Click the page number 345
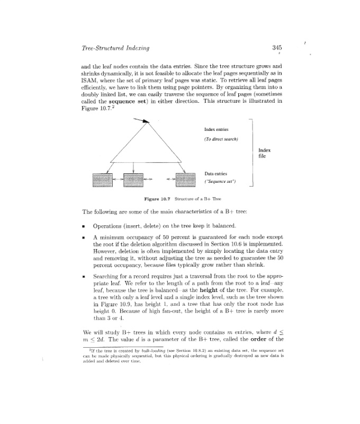pyautogui.click(x=276, y=48)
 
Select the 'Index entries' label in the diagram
pyautogui.click(x=216, y=128)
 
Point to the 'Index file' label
pyautogui.click(x=265, y=153)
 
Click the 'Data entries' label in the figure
pyautogui.click(x=215, y=173)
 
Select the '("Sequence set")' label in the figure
pyautogui.click(x=220, y=182)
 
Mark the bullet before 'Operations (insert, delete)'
pyautogui.click(x=85, y=226)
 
